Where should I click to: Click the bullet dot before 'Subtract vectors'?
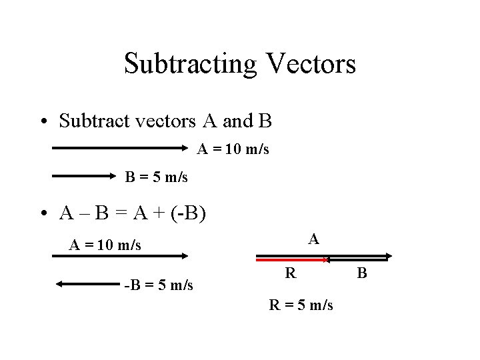tap(43, 123)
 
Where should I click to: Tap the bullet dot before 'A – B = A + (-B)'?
tap(43, 215)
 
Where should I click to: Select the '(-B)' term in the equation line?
tap(189, 214)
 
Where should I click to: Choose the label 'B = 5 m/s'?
tap(157, 177)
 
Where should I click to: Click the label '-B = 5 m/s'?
tap(159, 285)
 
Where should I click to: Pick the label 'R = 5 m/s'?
tap(301, 306)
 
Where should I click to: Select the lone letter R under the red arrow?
tap(290, 273)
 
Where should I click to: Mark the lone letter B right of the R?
tap(362, 273)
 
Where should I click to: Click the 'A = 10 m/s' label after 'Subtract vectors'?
tap(233, 150)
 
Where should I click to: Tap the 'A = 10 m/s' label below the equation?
tap(105, 245)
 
